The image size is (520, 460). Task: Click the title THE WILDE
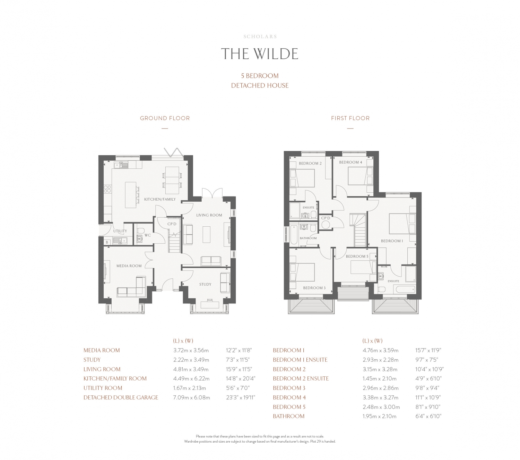(x=260, y=54)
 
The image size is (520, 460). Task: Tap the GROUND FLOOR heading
(x=165, y=118)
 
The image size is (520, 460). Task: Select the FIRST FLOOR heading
(x=350, y=118)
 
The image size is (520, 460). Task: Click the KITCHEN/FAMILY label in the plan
(x=160, y=199)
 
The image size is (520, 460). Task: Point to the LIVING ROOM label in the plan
(x=209, y=215)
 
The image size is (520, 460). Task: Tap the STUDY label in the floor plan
(x=205, y=284)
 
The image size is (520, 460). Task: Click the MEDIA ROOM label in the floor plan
(x=129, y=266)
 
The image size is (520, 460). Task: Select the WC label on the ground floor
(x=148, y=235)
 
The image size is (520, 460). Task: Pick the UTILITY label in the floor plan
(x=120, y=231)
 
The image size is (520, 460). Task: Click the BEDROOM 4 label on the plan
(x=350, y=162)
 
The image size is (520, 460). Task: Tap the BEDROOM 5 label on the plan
(x=357, y=256)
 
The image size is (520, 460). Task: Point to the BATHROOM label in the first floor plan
(x=308, y=238)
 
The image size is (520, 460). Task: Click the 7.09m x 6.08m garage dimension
(x=191, y=397)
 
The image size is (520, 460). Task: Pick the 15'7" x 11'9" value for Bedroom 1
(x=428, y=350)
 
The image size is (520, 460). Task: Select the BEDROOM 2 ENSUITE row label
(x=301, y=378)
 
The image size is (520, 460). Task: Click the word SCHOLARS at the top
(x=260, y=36)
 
